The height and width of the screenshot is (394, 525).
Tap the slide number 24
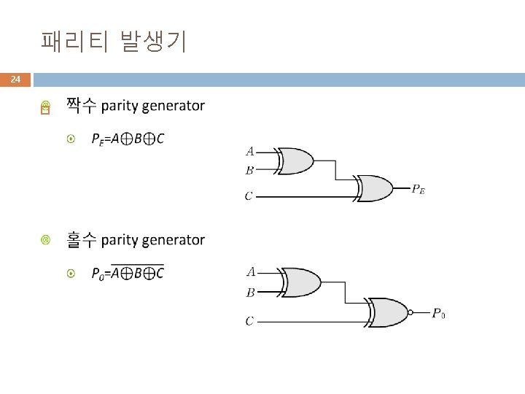[x=16, y=79]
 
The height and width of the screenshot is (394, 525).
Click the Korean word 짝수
[x=81, y=106]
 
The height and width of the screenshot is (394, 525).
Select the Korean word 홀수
[x=81, y=239]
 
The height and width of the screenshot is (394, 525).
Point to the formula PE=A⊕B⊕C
[x=128, y=139]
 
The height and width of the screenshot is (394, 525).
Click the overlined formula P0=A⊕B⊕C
[x=128, y=274]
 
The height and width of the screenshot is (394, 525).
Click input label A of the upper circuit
[x=250, y=152]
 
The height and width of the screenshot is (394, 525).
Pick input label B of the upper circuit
[x=250, y=170]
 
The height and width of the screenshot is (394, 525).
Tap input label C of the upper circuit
[x=249, y=196]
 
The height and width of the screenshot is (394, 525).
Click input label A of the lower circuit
[x=250, y=272]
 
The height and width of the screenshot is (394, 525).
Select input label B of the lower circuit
[x=250, y=293]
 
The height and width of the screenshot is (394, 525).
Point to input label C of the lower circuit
[x=249, y=320]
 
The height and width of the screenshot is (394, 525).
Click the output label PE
[x=419, y=190]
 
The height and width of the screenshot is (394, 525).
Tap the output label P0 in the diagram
[x=438, y=314]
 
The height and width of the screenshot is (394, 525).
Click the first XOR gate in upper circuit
[x=295, y=161]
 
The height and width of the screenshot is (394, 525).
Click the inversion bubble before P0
[x=411, y=312]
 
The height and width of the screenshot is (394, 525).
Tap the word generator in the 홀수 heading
[x=174, y=240]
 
